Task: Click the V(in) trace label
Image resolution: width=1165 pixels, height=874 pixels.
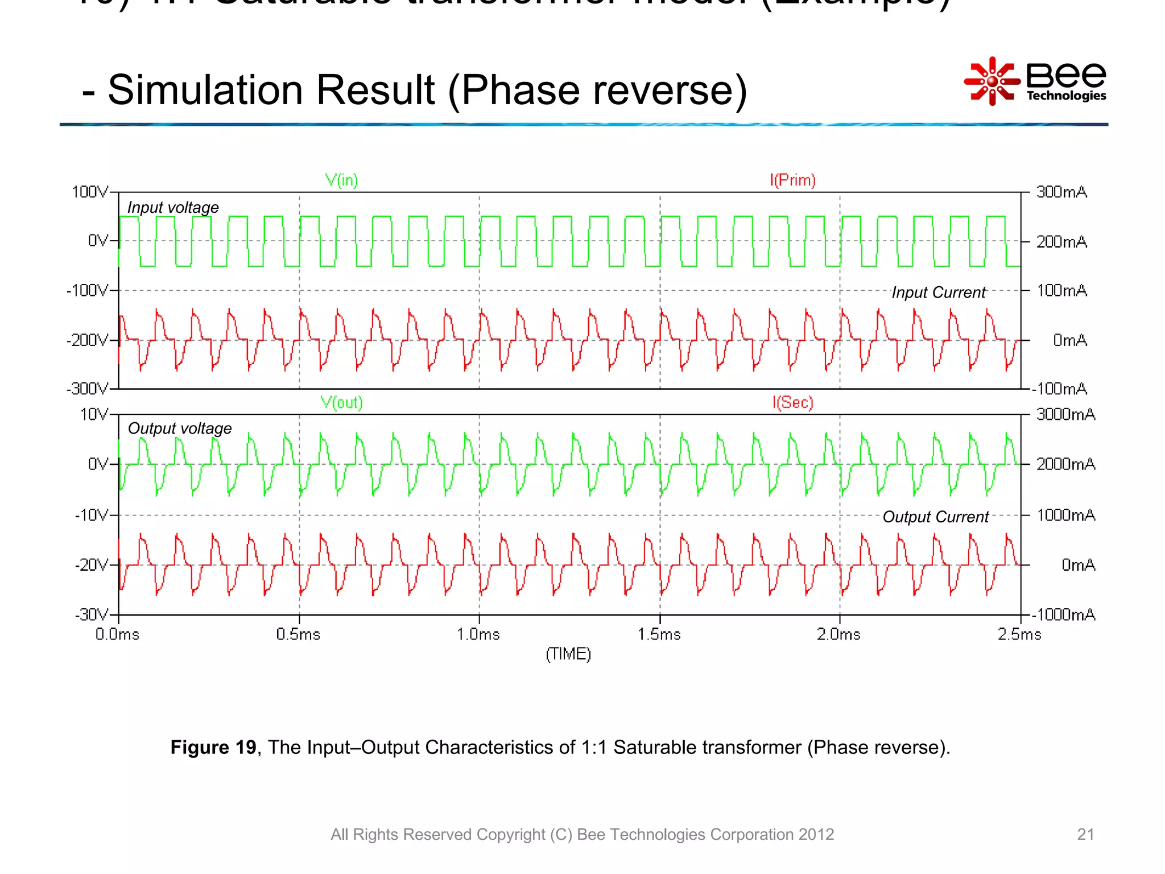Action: (x=341, y=180)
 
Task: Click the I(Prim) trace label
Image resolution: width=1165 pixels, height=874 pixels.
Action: (x=792, y=180)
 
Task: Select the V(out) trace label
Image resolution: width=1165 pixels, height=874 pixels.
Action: (x=341, y=402)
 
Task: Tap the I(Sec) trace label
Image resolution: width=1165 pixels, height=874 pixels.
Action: (x=792, y=402)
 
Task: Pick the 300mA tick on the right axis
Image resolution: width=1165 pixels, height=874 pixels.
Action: (x=1061, y=192)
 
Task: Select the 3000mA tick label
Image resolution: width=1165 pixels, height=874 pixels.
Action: (x=1065, y=414)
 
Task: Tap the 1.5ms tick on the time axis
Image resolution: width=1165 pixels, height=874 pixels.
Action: (x=659, y=634)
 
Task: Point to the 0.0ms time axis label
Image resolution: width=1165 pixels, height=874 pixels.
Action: (x=117, y=634)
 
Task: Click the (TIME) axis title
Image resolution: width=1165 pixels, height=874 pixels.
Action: (x=568, y=654)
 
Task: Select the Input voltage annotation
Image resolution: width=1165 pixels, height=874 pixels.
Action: (x=173, y=208)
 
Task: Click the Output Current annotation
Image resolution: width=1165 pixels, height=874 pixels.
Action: (x=936, y=517)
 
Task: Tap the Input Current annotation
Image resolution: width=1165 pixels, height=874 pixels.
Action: (x=939, y=292)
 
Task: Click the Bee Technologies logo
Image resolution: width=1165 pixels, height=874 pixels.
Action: (x=1035, y=81)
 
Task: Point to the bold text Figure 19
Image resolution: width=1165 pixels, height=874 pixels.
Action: (x=213, y=747)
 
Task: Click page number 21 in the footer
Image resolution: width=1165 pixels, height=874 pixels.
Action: (x=1085, y=834)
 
